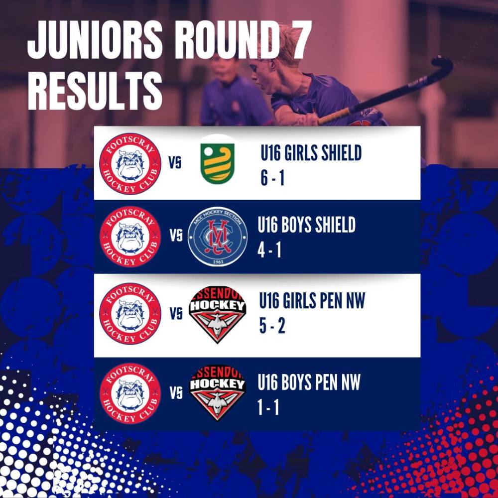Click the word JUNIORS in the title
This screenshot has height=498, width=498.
tap(95, 40)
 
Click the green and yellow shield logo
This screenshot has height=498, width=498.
tap(218, 163)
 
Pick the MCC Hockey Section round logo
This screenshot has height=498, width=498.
tap(218, 237)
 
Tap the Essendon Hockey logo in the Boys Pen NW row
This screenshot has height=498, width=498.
tap(218, 394)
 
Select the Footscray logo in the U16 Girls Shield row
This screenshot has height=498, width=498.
tap(130, 163)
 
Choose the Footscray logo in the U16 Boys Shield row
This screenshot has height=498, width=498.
tap(130, 237)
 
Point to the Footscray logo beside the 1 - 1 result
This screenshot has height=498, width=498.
tap(130, 393)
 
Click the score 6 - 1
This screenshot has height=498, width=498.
tap(272, 178)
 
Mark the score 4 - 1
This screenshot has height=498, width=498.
tap(269, 250)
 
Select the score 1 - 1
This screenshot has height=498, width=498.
tap(268, 407)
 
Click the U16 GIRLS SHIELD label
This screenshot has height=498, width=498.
tap(311, 153)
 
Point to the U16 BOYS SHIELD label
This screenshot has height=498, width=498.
tap(306, 225)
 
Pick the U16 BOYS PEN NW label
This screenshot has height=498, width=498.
tap(309, 382)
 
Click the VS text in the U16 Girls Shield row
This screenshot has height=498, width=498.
tap(175, 163)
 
